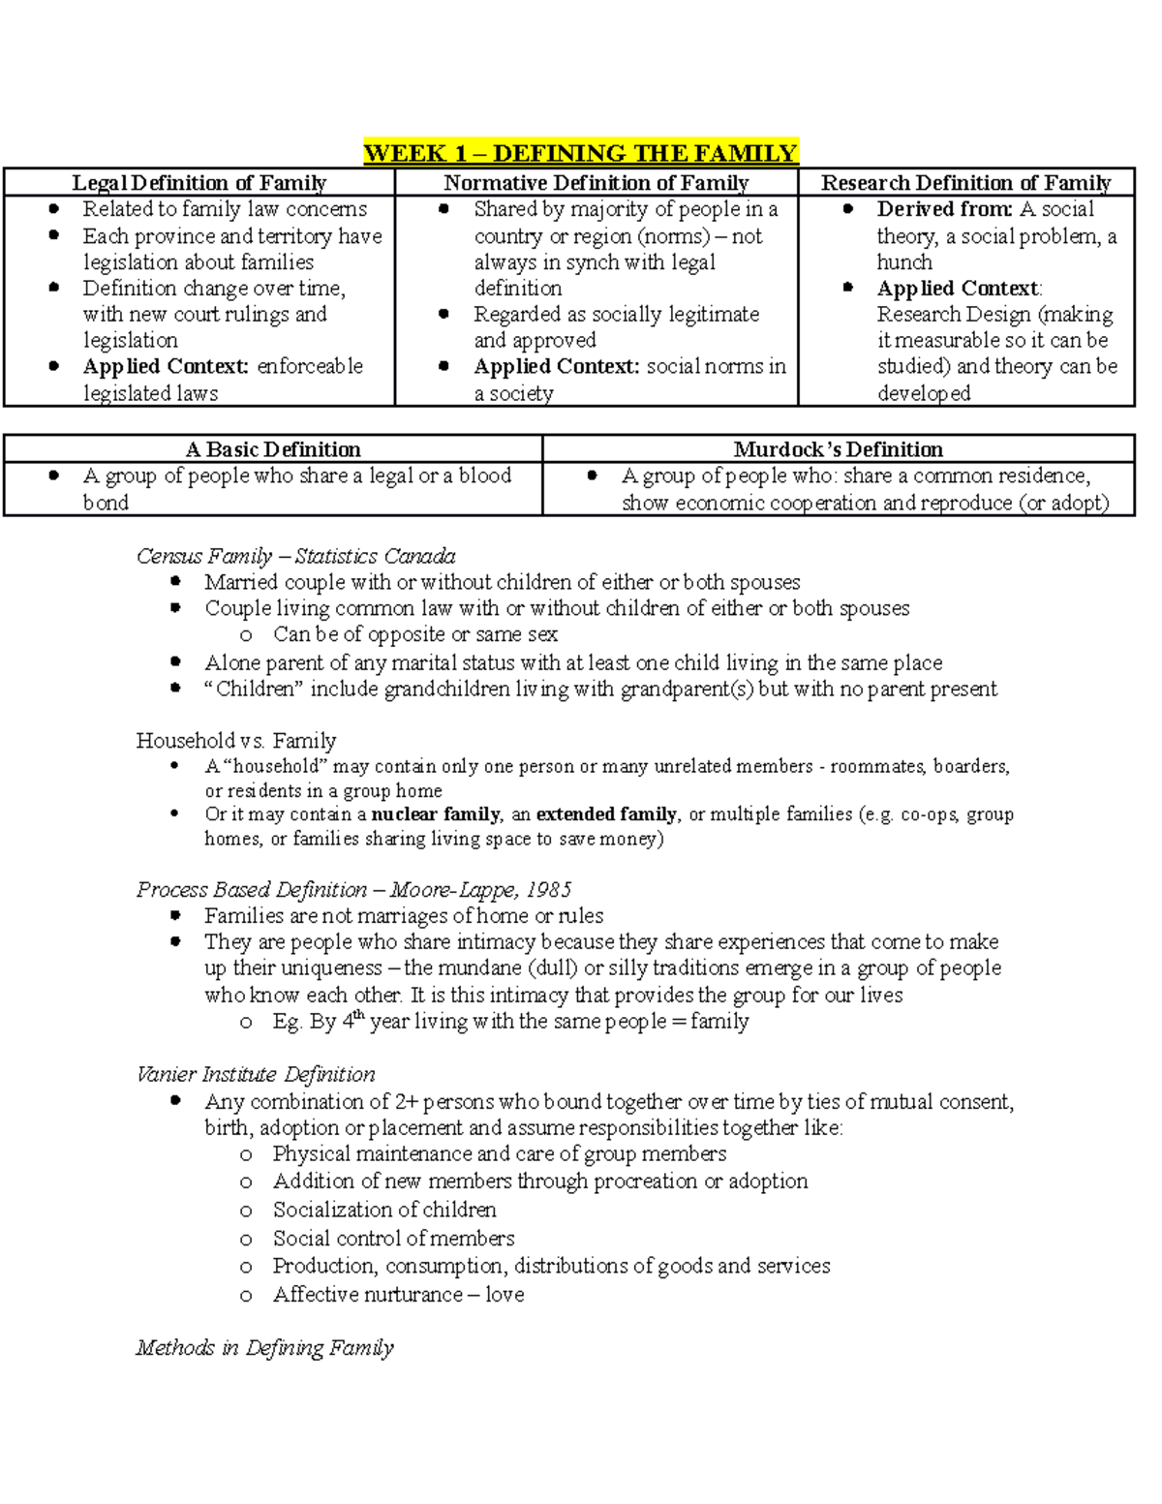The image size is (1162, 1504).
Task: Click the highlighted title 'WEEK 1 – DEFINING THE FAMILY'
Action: [580, 153]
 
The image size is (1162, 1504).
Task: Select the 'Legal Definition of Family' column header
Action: [199, 183]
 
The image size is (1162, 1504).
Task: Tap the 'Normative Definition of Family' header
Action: [596, 183]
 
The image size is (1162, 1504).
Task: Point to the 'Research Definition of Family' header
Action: [965, 183]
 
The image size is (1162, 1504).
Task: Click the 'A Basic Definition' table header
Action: [273, 449]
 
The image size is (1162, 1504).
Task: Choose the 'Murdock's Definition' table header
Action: [838, 449]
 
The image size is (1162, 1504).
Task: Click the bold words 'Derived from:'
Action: [944, 209]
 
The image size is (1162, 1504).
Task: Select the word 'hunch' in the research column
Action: [904, 262]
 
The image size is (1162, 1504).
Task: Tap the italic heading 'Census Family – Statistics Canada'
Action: [295, 556]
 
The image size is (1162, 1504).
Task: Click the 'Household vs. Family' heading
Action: [235, 741]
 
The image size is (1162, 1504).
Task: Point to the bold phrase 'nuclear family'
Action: [436, 814]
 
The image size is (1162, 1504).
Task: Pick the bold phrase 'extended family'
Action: [607, 814]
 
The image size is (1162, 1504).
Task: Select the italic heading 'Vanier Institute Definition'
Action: [256, 1074]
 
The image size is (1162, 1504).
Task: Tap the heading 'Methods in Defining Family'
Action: [264, 1348]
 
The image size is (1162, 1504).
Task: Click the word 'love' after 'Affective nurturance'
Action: [505, 1295]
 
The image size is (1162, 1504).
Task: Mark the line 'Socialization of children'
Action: [384, 1210]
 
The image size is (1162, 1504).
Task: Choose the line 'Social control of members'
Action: [393, 1239]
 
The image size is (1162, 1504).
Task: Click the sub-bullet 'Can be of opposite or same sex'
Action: [414, 634]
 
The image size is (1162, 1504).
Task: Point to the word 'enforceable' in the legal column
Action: [310, 367]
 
